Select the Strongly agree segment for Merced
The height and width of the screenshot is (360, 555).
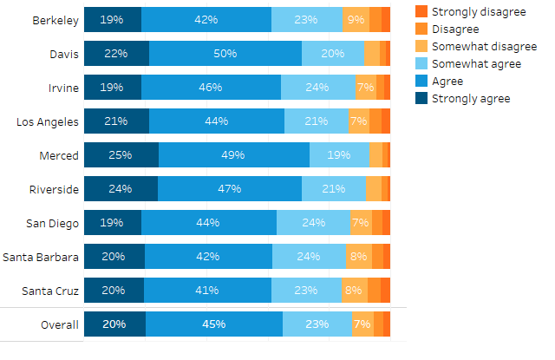pyautogui.click(x=121, y=155)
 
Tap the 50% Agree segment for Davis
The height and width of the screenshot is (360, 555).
pyautogui.click(x=225, y=54)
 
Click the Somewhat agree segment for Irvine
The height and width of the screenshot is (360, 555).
pyautogui.click(x=317, y=88)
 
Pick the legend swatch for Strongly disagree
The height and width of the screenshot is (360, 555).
pyautogui.click(x=421, y=10)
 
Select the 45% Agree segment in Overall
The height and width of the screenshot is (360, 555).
pyautogui.click(x=214, y=324)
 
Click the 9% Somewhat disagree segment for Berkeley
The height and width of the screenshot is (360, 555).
pyautogui.click(x=356, y=20)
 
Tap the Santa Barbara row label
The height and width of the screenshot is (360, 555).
pyautogui.click(x=42, y=257)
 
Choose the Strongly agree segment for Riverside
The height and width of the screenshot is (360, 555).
pyautogui.click(x=121, y=189)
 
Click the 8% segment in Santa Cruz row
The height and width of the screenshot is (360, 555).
pyautogui.click(x=354, y=291)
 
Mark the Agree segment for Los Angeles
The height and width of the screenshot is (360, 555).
pyautogui.click(x=216, y=121)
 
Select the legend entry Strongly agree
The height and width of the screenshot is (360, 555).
pyautogui.click(x=470, y=99)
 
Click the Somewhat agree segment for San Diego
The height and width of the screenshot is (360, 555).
pyautogui.click(x=313, y=223)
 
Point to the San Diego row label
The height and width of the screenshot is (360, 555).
pyautogui.click(x=52, y=223)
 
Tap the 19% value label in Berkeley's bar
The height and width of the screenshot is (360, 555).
pyautogui.click(x=111, y=20)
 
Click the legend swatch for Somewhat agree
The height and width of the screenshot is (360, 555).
pyautogui.click(x=421, y=64)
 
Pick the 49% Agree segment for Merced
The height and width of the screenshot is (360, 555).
pyautogui.click(x=234, y=155)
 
